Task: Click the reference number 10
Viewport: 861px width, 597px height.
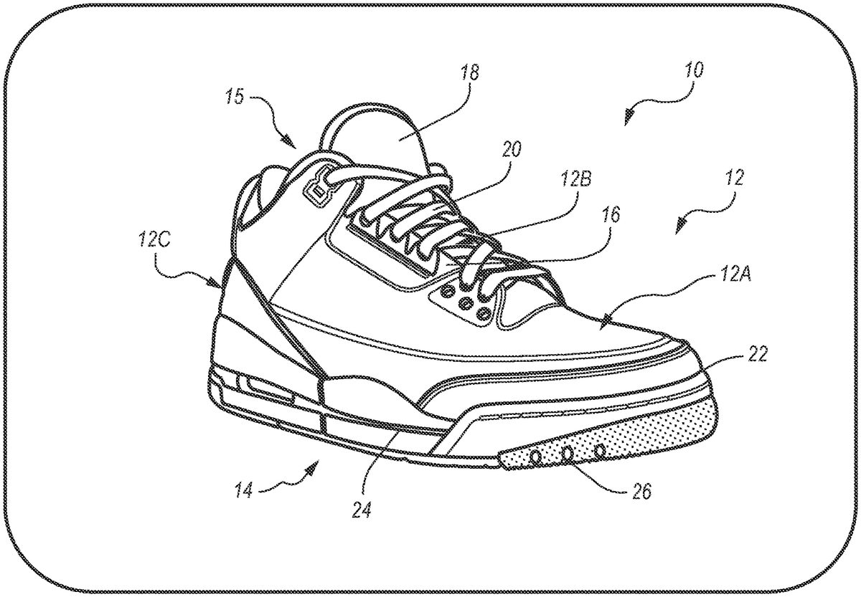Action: (x=693, y=71)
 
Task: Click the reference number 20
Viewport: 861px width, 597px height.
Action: (x=512, y=149)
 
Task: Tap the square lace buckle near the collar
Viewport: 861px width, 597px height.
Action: (x=316, y=189)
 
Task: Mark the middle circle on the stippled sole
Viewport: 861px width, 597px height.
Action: (x=566, y=453)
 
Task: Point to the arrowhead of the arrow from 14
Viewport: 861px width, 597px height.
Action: (x=314, y=467)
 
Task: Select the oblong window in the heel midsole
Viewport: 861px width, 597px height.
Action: (x=268, y=388)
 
